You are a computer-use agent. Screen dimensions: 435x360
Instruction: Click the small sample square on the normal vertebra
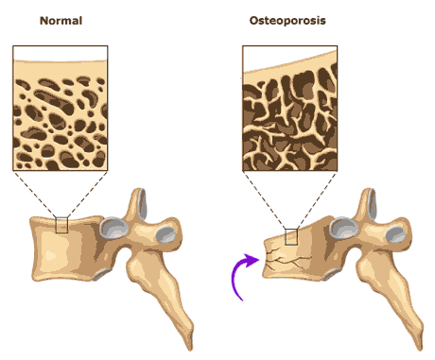[62, 224]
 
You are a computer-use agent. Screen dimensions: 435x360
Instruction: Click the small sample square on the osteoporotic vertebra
[290, 236]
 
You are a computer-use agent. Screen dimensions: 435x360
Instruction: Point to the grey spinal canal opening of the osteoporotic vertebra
[343, 228]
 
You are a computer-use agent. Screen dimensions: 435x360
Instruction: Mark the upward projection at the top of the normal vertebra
[137, 201]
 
